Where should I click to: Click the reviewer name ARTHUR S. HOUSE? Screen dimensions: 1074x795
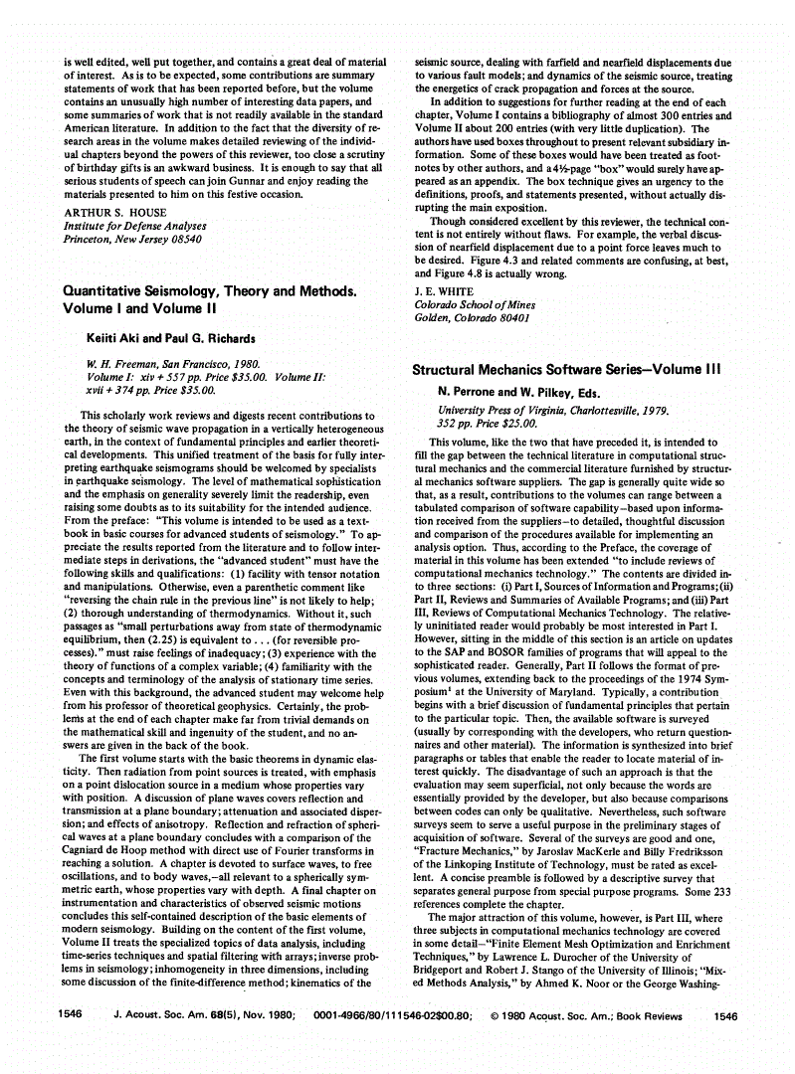click(110, 213)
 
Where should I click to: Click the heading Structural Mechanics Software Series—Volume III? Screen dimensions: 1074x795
click(567, 370)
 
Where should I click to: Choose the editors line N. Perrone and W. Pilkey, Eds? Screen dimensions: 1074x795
click(520, 393)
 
